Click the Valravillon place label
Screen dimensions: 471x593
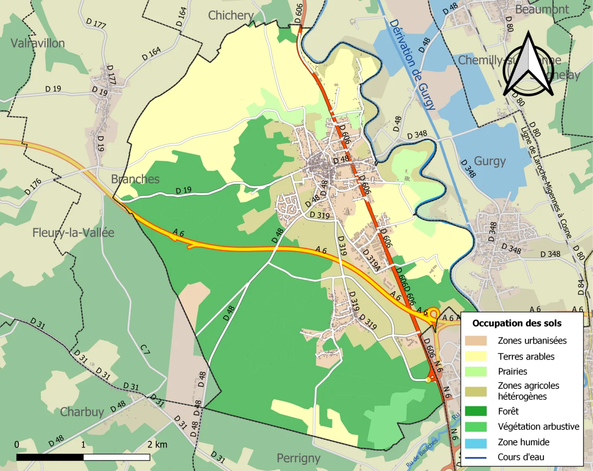click(x=38, y=44)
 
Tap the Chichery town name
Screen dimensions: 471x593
click(x=231, y=16)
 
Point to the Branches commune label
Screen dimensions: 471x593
click(x=135, y=179)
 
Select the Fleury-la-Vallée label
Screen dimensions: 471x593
click(x=73, y=232)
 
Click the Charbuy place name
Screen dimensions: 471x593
click(x=82, y=412)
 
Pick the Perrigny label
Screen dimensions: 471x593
click(x=298, y=458)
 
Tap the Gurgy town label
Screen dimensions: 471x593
click(x=490, y=161)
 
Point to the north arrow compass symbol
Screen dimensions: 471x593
click(x=528, y=65)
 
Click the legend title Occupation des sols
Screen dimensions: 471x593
click(x=517, y=323)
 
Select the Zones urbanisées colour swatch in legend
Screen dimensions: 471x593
click(x=476, y=341)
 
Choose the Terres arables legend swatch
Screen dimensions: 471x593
click(x=476, y=356)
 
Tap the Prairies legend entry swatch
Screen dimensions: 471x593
click(x=476, y=371)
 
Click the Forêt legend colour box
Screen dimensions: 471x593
click(x=476, y=411)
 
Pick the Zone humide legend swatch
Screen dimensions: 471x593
click(x=476, y=442)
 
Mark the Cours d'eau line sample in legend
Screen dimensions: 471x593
click(x=476, y=458)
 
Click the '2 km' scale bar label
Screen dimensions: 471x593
click(x=157, y=445)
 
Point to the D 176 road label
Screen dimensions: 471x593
click(x=33, y=186)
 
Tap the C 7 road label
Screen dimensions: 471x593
click(x=145, y=349)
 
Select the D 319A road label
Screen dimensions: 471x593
click(x=371, y=260)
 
